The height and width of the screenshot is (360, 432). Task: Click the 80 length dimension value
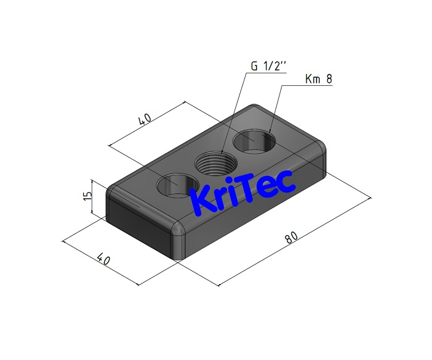coord(292,237)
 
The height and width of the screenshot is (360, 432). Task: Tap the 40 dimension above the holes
coord(145,119)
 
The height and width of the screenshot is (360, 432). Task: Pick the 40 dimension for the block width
coord(103,259)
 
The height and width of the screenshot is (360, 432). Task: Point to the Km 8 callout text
coord(320,80)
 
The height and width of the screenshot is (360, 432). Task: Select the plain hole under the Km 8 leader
coord(252,141)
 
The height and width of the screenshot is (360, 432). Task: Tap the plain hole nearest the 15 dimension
coord(175,185)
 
